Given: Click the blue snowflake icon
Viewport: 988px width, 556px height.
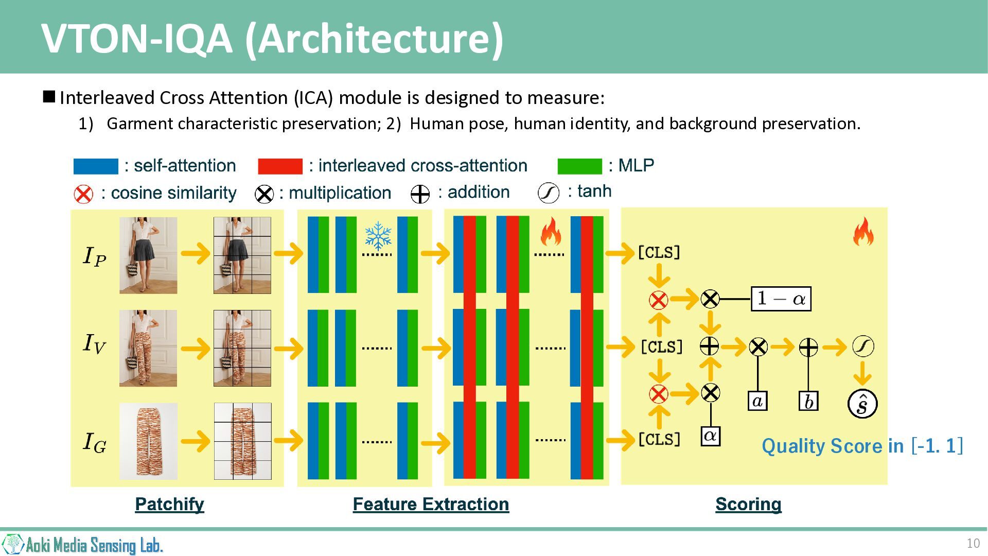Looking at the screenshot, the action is tap(378, 236).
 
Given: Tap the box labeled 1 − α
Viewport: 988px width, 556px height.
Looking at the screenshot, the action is tap(781, 299).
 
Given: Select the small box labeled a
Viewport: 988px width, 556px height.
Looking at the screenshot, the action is tap(757, 401).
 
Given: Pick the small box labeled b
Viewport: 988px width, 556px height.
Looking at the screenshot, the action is tap(808, 401).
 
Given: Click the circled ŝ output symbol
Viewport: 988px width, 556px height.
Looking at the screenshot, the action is tap(862, 404).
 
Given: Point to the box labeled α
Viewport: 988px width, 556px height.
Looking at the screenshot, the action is tap(711, 436).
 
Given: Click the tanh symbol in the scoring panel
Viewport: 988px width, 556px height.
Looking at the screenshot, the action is tap(863, 346).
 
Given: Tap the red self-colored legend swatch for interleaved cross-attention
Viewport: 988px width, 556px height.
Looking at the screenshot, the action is tap(280, 166).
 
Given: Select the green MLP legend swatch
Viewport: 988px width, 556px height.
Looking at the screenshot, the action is tap(579, 166).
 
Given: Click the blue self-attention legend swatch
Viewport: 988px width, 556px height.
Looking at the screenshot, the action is tap(96, 166).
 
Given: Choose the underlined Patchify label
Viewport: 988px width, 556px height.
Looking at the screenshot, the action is tap(169, 504).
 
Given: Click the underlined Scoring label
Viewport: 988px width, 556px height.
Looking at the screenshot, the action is tap(748, 504).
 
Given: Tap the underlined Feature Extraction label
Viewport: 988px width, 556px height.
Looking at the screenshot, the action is tap(431, 504).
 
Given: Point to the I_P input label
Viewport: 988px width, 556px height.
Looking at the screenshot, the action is tap(95, 256).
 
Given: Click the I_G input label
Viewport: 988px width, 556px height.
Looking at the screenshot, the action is tap(95, 442).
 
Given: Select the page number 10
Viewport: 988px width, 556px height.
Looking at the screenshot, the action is tap(973, 543).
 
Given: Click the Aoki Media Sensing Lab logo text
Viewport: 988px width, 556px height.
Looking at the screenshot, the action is tap(94, 545).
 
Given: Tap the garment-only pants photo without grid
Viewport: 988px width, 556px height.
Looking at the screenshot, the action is tap(148, 441).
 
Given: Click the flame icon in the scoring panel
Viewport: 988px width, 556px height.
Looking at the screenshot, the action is tap(863, 231).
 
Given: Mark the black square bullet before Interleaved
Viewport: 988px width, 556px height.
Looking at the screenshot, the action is tap(49, 96).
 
